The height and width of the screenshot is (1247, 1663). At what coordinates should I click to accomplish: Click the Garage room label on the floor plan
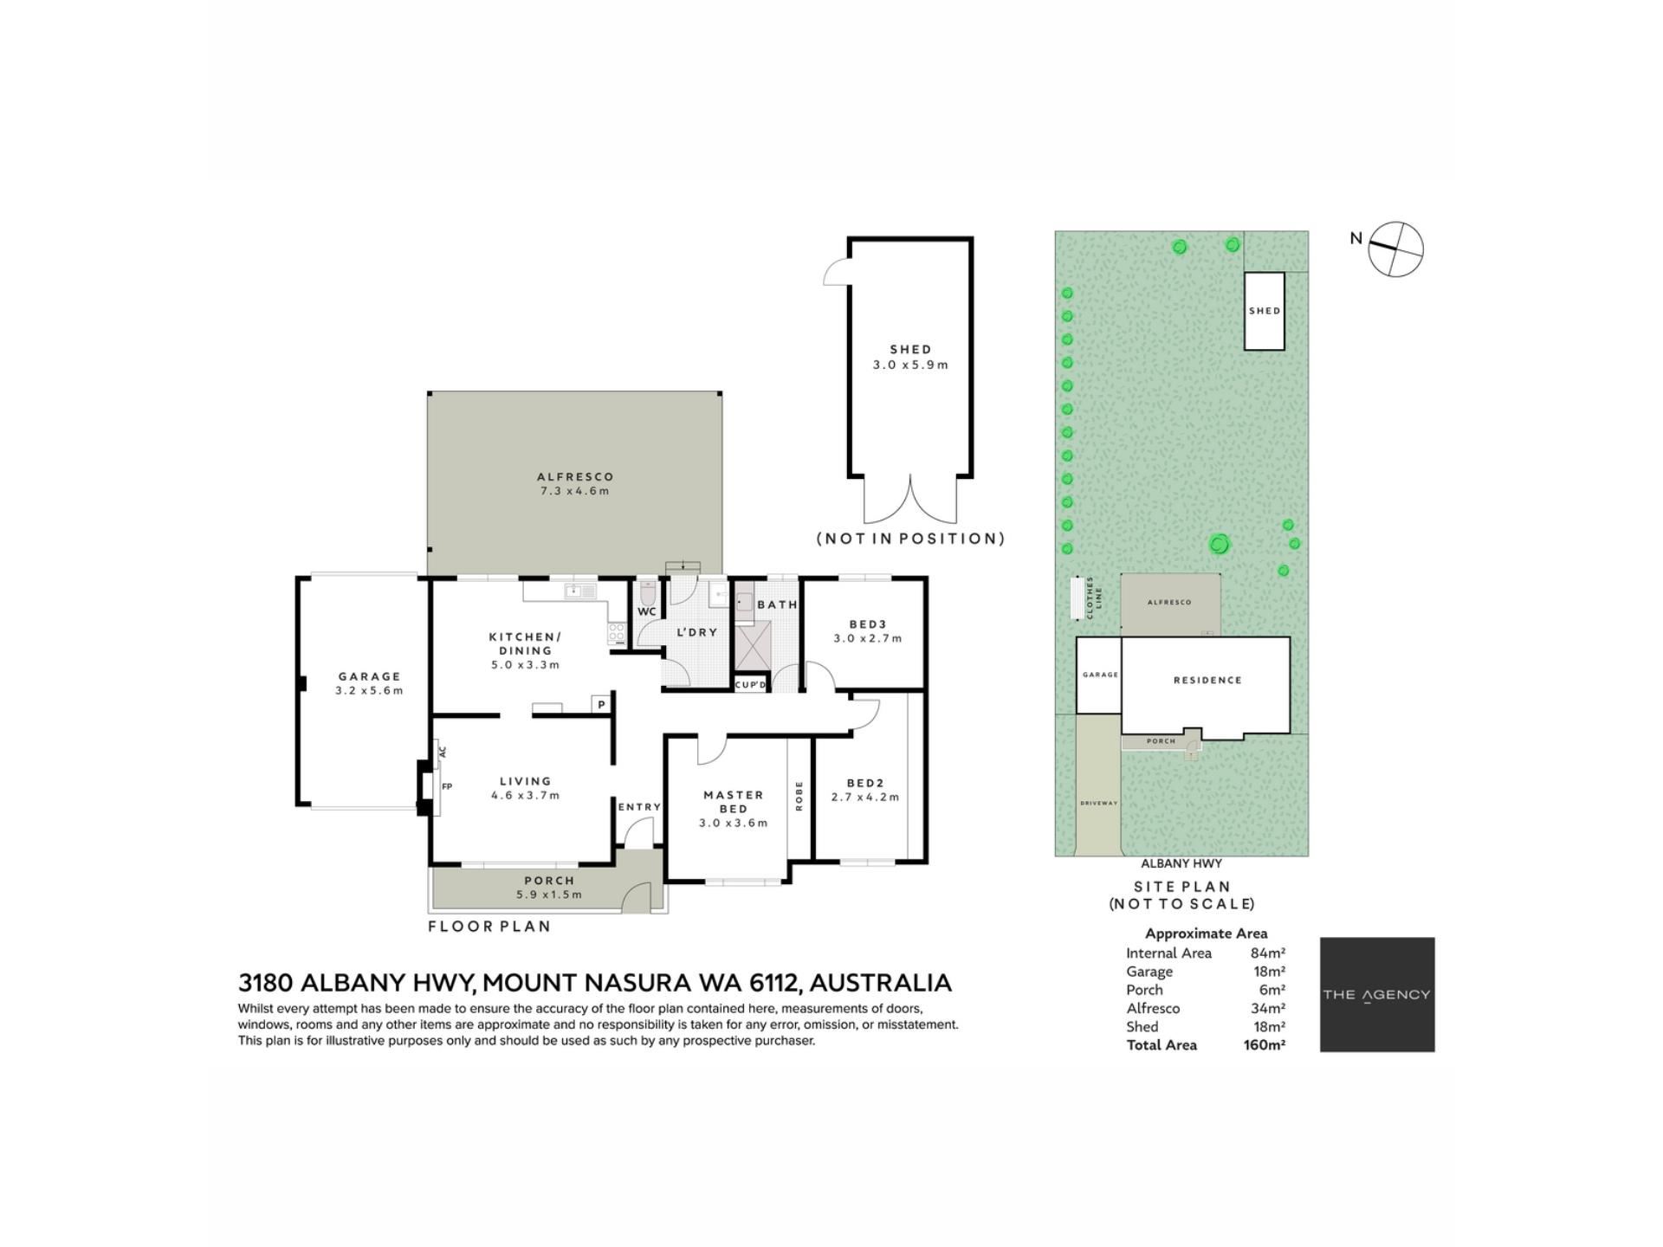pyautogui.click(x=370, y=676)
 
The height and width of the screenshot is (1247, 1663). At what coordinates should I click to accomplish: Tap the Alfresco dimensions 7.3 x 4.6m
pyautogui.click(x=575, y=491)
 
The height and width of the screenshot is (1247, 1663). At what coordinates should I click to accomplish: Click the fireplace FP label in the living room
pyautogui.click(x=447, y=786)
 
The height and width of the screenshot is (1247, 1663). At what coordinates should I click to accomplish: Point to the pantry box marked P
pyautogui.click(x=601, y=704)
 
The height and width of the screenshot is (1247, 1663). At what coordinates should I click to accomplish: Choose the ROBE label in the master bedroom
pyautogui.click(x=799, y=796)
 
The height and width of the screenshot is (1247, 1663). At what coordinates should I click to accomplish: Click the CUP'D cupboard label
pyautogui.click(x=751, y=685)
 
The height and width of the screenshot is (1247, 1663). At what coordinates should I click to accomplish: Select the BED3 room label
pyautogui.click(x=868, y=624)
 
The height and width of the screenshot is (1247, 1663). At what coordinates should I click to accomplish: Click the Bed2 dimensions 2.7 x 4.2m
pyautogui.click(x=865, y=798)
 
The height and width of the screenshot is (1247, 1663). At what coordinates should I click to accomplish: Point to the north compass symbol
pyautogui.click(x=1395, y=249)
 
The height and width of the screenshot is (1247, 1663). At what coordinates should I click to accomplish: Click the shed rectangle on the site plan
pyautogui.click(x=1265, y=311)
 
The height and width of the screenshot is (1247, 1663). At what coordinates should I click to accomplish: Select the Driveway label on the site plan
pyautogui.click(x=1099, y=803)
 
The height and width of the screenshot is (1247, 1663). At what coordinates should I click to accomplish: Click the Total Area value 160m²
pyautogui.click(x=1265, y=1045)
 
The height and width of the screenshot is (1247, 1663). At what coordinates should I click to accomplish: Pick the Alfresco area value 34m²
pyautogui.click(x=1269, y=1008)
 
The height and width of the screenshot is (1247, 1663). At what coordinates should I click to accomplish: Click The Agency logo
pyautogui.click(x=1377, y=995)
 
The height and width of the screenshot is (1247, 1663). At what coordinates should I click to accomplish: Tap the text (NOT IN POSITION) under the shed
pyautogui.click(x=911, y=539)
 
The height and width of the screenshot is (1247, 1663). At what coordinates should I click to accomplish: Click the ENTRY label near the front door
pyautogui.click(x=639, y=807)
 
